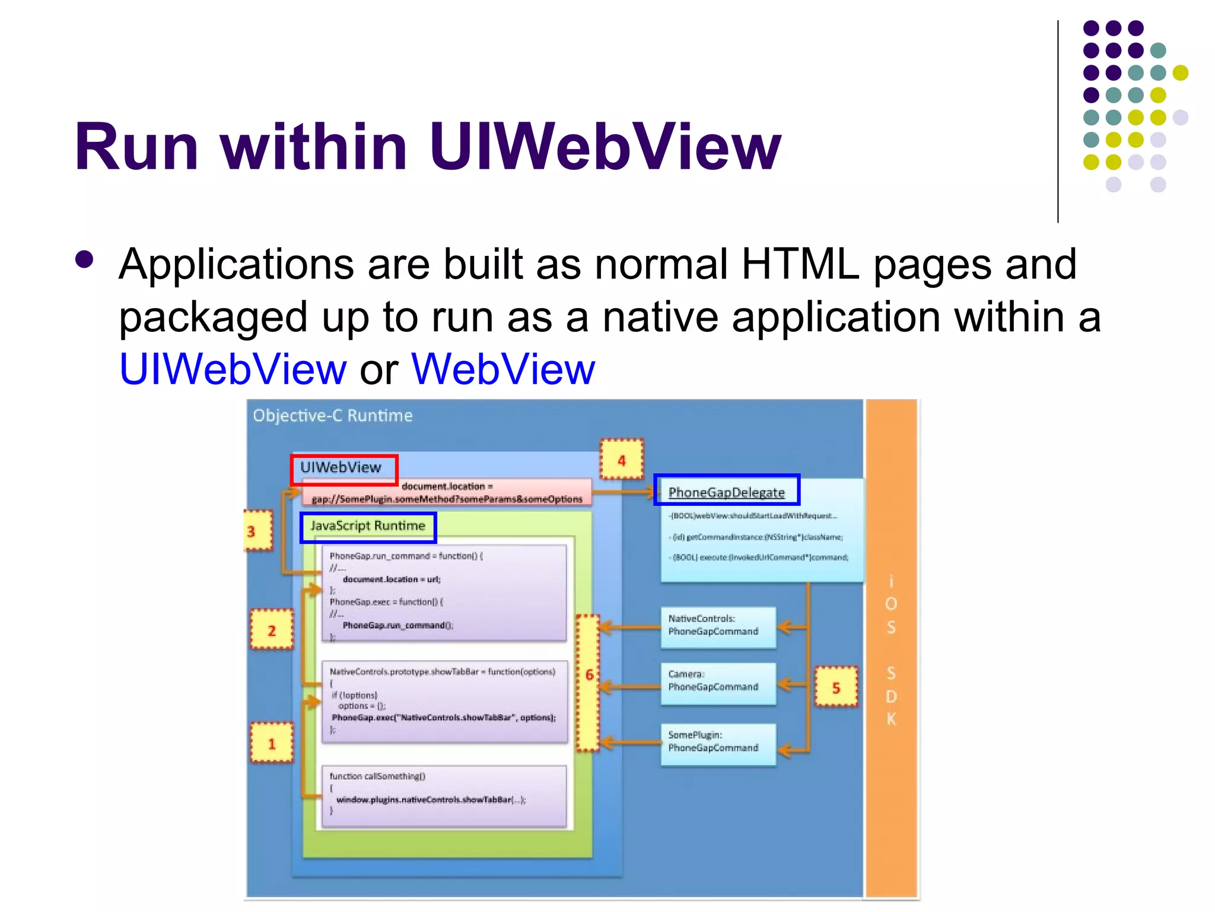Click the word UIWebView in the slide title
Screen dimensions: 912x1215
point(605,147)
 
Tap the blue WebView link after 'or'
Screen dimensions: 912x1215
point(503,369)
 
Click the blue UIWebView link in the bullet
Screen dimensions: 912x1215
point(233,369)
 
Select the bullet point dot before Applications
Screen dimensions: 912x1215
point(85,260)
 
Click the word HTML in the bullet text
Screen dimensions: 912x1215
point(800,264)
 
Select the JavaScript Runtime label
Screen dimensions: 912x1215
point(368,527)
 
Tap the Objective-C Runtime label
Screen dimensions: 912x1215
point(332,416)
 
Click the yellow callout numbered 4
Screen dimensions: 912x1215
point(621,460)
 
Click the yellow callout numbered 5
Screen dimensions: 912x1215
point(836,687)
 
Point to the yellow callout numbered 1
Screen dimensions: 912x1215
point(272,743)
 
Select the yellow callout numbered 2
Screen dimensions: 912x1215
point(272,630)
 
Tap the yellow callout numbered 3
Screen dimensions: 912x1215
point(259,531)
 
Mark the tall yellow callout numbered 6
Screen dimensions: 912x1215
point(589,683)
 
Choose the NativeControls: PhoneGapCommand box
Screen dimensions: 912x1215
point(718,626)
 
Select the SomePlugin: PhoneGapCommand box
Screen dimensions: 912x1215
point(718,743)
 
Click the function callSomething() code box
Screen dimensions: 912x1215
point(444,796)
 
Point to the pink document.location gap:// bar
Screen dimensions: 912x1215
point(446,493)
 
